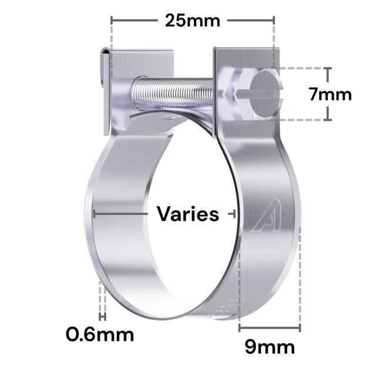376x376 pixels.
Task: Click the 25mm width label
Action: click(x=192, y=21)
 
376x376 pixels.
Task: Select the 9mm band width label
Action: click(x=270, y=347)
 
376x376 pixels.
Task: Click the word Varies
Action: click(x=187, y=214)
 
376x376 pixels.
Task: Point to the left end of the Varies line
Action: click(x=94, y=214)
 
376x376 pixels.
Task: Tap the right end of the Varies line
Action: click(x=234, y=214)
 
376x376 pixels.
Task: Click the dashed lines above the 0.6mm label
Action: click(x=102, y=300)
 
